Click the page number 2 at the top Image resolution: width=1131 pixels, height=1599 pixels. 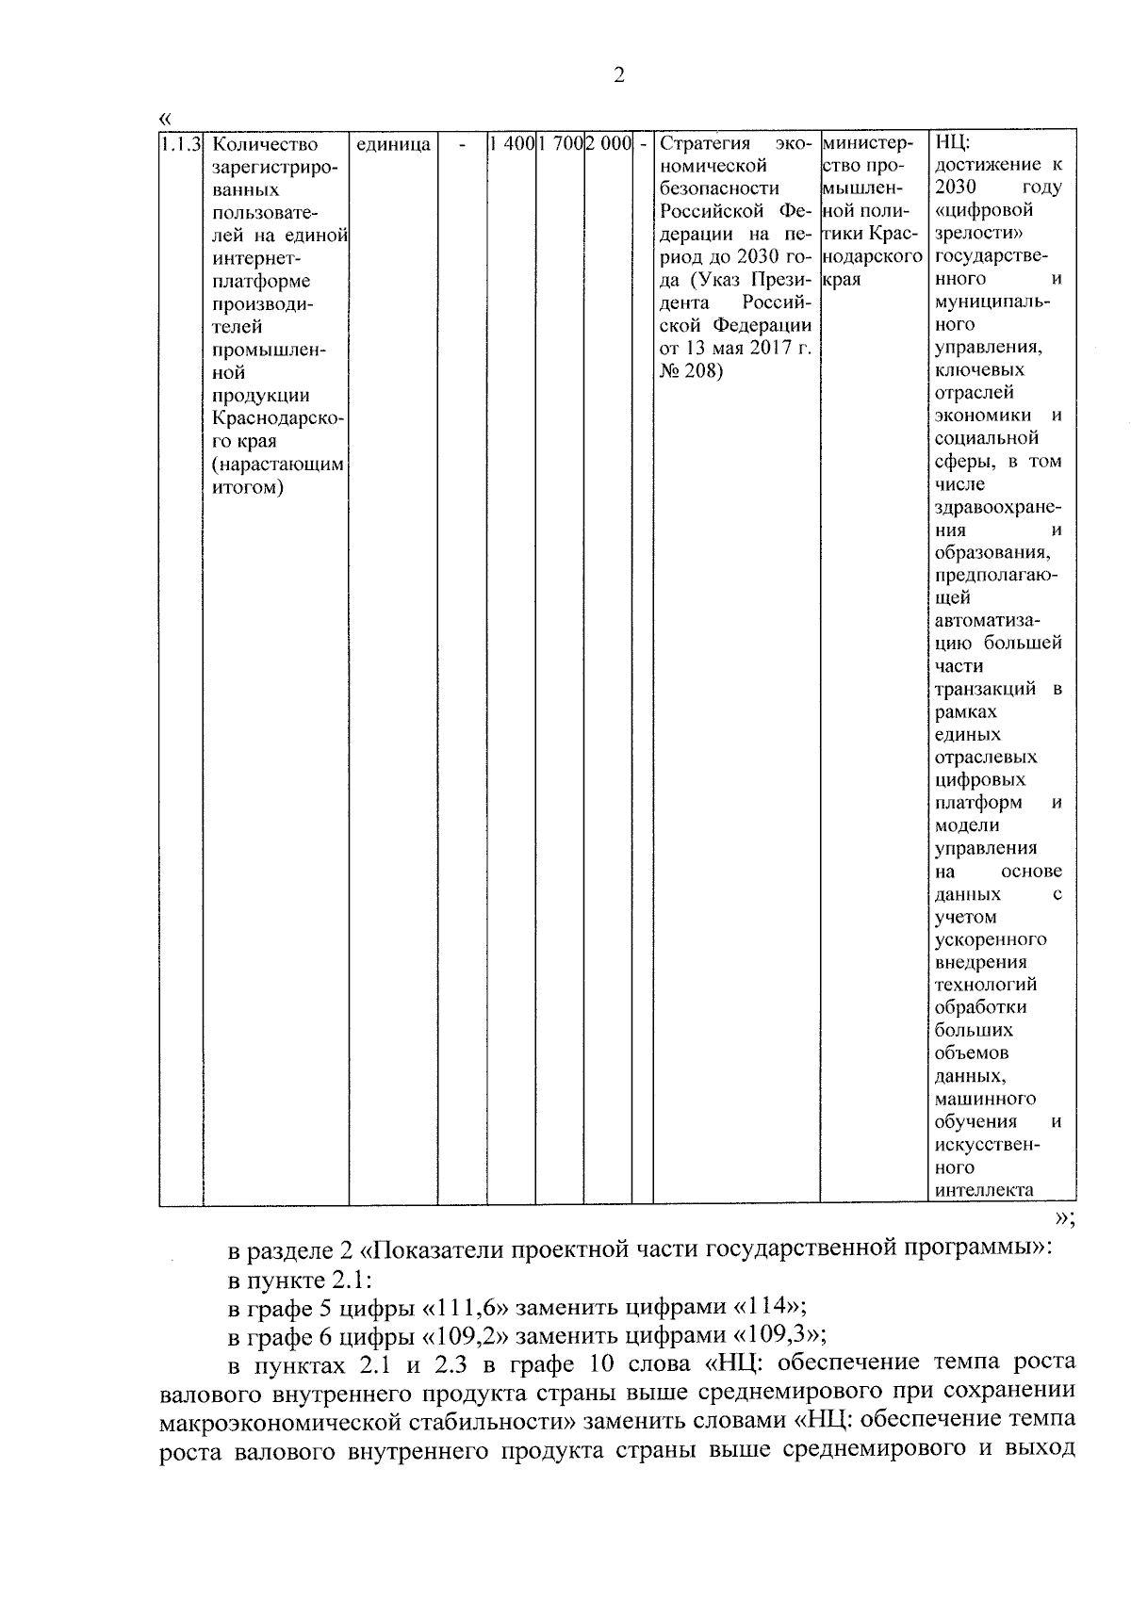pyautogui.click(x=618, y=76)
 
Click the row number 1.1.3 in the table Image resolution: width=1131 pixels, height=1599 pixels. pyautogui.click(x=179, y=144)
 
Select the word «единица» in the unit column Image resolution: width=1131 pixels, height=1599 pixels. pyautogui.click(x=393, y=144)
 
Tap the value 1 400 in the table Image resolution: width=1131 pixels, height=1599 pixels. pyautogui.click(x=512, y=144)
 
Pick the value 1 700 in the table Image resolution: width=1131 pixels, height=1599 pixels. pyautogui.click(x=560, y=144)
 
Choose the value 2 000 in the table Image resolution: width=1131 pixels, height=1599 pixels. pyautogui.click(x=607, y=144)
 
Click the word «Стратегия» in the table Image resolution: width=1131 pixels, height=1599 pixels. pyautogui.click(x=705, y=144)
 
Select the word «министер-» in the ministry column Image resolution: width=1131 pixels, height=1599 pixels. pyautogui.click(x=868, y=144)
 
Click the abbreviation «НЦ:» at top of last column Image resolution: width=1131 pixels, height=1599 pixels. pyautogui.click(x=953, y=144)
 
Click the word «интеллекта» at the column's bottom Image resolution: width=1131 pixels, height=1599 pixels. pyautogui.click(x=983, y=1190)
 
